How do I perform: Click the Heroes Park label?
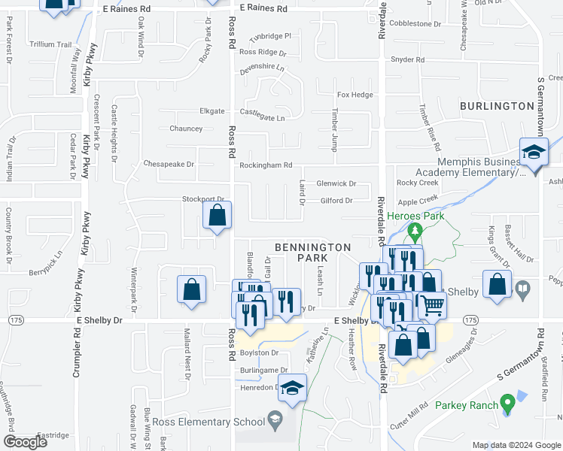pos(416,216)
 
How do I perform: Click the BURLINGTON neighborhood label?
pos(497,106)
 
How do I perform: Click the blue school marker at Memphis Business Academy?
pos(534,153)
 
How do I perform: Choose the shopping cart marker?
pos(431,304)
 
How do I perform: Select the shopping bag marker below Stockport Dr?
pos(217,216)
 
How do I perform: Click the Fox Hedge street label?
pos(355,95)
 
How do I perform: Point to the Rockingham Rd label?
pos(265,165)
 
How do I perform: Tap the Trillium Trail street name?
pos(50,44)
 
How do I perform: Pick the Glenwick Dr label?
pos(336,183)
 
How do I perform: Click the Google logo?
pos(26,441)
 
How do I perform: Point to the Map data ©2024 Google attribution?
pos(516,445)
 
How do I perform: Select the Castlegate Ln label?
pos(262,118)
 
